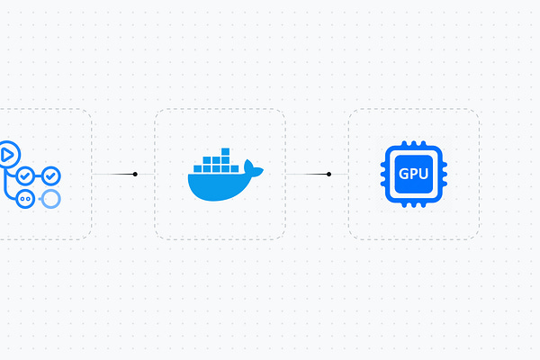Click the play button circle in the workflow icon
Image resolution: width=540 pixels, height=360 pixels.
point(7,154)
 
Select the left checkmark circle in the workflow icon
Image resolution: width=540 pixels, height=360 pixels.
point(25,175)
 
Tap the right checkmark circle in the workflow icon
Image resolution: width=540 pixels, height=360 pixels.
point(51,175)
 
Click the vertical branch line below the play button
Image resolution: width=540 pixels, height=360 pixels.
point(6,180)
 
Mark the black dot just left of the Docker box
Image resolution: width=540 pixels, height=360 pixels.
point(135,174)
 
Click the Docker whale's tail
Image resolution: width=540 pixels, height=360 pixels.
point(255,168)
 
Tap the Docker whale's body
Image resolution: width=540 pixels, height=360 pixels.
point(220,186)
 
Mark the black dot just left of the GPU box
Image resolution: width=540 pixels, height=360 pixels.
point(329,174)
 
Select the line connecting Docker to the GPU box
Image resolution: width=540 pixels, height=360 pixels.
point(307,174)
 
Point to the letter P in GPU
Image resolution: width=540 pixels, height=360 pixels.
point(414,175)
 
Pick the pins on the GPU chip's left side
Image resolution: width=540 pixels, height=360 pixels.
point(383,175)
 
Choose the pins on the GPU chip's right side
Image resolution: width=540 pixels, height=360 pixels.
point(445,175)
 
